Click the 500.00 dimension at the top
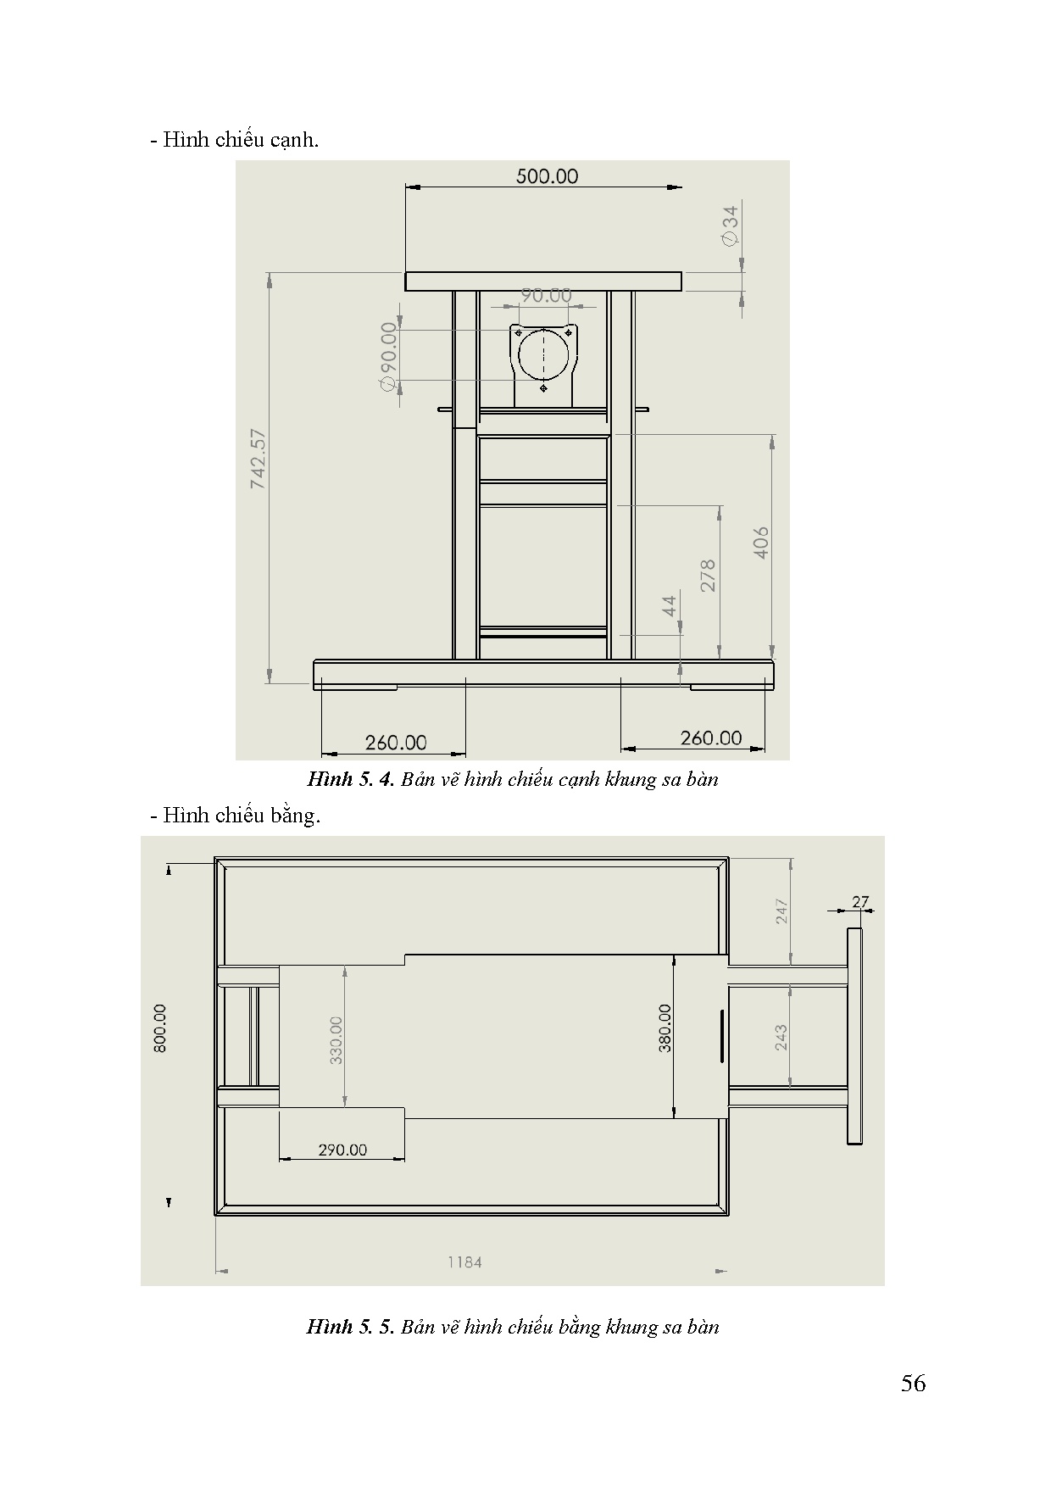(x=547, y=175)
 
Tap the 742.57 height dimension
(x=259, y=459)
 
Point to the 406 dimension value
(x=761, y=543)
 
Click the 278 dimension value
(x=709, y=575)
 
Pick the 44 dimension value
(x=670, y=606)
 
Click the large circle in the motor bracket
(x=543, y=354)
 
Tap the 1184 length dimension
(x=465, y=1262)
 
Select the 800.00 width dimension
(x=160, y=1028)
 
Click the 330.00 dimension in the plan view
(x=336, y=1040)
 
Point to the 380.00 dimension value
(x=665, y=1028)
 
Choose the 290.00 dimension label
(x=342, y=1150)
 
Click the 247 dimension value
(x=781, y=911)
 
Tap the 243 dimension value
(x=781, y=1037)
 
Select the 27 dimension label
(x=860, y=902)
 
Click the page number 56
(x=914, y=1384)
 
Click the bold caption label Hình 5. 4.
(x=352, y=779)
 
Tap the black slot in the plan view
(x=721, y=1036)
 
